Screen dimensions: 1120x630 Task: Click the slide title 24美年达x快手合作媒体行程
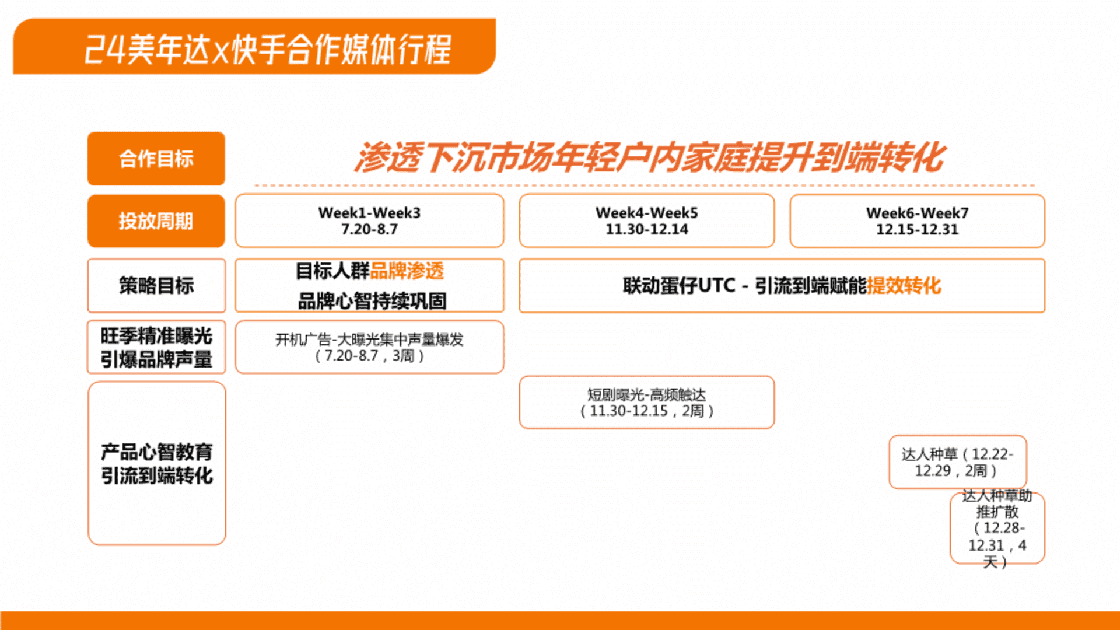coord(268,49)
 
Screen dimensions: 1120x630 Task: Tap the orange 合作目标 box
coord(156,159)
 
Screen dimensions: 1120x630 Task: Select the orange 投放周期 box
coord(156,221)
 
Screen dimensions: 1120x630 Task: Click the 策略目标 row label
coord(156,286)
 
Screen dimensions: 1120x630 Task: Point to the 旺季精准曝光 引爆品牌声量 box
coord(156,347)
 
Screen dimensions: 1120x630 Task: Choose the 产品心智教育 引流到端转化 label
coord(157,464)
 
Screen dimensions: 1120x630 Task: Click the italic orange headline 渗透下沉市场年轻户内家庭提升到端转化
coord(649,157)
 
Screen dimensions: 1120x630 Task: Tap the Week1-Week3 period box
coord(369,221)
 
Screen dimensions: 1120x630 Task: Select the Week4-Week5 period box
coord(647,221)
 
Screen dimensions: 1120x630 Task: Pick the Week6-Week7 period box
coord(917,221)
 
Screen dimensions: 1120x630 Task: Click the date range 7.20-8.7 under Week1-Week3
coord(369,229)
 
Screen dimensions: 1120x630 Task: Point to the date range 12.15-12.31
coord(917,229)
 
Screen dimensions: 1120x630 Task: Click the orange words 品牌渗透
coord(407,271)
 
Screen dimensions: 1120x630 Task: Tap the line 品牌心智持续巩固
coord(372,301)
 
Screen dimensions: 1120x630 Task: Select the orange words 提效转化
coord(904,286)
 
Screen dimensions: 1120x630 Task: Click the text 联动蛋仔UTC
coord(679,286)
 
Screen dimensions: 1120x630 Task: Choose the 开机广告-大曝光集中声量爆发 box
coord(369,347)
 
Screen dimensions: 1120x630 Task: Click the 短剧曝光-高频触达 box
coord(647,402)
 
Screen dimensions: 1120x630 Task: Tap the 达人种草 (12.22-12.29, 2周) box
coord(958,462)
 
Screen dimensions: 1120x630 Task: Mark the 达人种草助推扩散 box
coord(998,528)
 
